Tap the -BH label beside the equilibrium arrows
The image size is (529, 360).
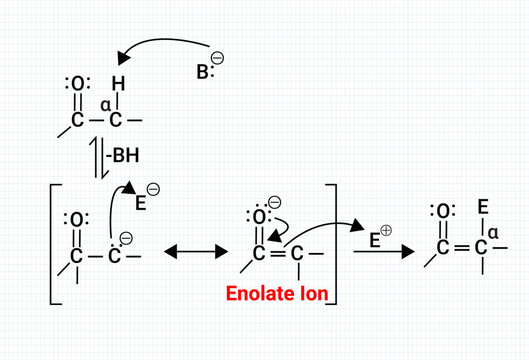pos(125,156)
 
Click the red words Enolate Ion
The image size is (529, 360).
pos(279,293)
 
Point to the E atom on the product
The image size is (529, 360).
pos(482,208)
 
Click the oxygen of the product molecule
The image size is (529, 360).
pos(441,211)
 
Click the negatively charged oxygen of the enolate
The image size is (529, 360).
pos(258,217)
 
